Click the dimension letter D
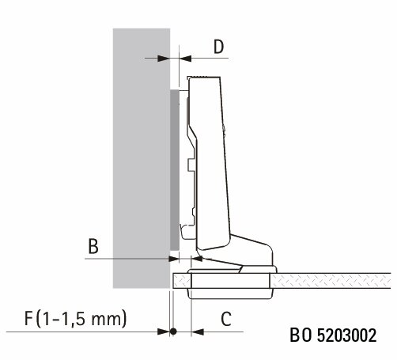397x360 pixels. point(218,47)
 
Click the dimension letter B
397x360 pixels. point(93,246)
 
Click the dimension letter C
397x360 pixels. point(226,319)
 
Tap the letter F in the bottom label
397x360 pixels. point(28,318)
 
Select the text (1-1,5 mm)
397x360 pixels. point(81,319)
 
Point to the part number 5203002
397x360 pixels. point(346,335)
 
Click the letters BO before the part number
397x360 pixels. point(301,335)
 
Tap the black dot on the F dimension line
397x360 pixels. point(173,332)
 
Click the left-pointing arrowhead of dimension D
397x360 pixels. point(185,58)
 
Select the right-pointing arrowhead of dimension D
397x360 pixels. point(164,58)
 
